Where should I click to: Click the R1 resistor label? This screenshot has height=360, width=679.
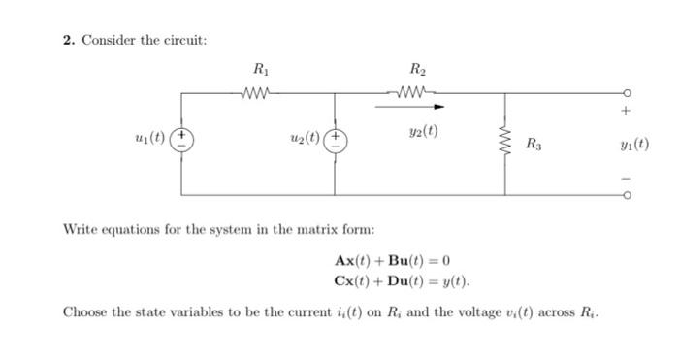259,69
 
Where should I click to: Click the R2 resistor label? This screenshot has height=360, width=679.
418,69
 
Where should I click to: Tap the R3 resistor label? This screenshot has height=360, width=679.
534,145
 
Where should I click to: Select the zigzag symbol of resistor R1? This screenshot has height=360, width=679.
259,93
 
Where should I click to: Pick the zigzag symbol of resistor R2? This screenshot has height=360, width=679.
418,93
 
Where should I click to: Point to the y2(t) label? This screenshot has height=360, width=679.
422,129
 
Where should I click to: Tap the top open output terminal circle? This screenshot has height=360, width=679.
630,94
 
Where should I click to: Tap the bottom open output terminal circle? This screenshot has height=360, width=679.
630,195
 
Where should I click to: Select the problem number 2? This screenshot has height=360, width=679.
68,40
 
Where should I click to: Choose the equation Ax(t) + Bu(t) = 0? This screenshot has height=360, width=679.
392,261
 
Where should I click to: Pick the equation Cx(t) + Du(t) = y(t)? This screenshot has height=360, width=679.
401,281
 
